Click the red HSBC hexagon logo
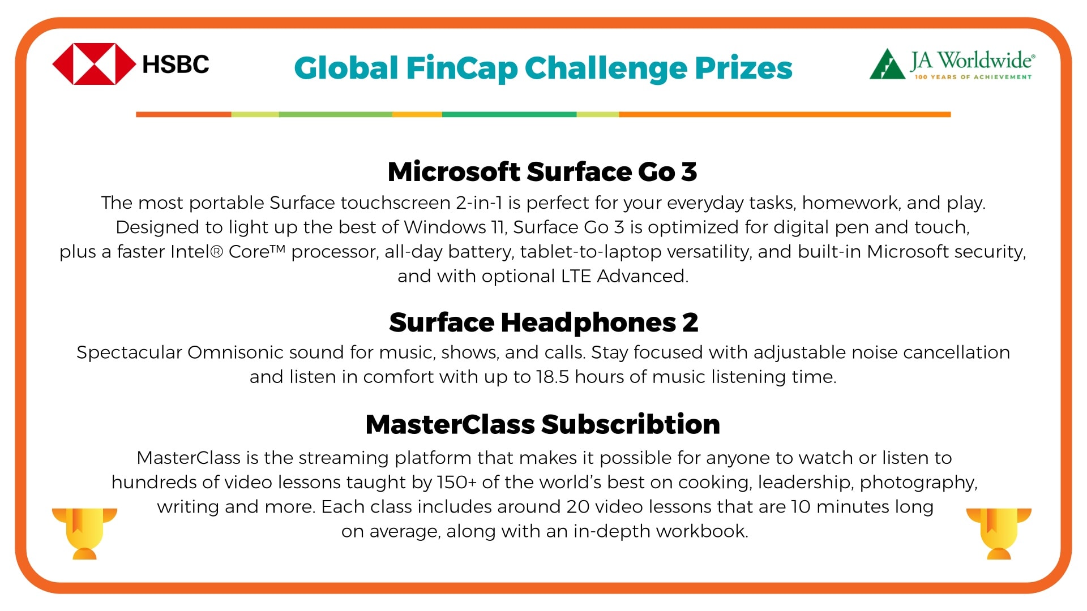click(x=94, y=64)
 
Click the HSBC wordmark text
click(x=176, y=64)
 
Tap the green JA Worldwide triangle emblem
click(x=887, y=64)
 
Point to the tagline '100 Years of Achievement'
click(x=973, y=77)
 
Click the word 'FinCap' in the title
click(x=461, y=68)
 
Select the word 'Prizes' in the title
click(x=743, y=68)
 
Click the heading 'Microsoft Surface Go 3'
click(x=542, y=171)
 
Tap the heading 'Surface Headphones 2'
click(x=543, y=322)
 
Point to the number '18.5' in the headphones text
click(x=553, y=377)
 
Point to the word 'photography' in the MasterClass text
click(x=918, y=483)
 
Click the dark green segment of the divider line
click(x=509, y=114)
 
